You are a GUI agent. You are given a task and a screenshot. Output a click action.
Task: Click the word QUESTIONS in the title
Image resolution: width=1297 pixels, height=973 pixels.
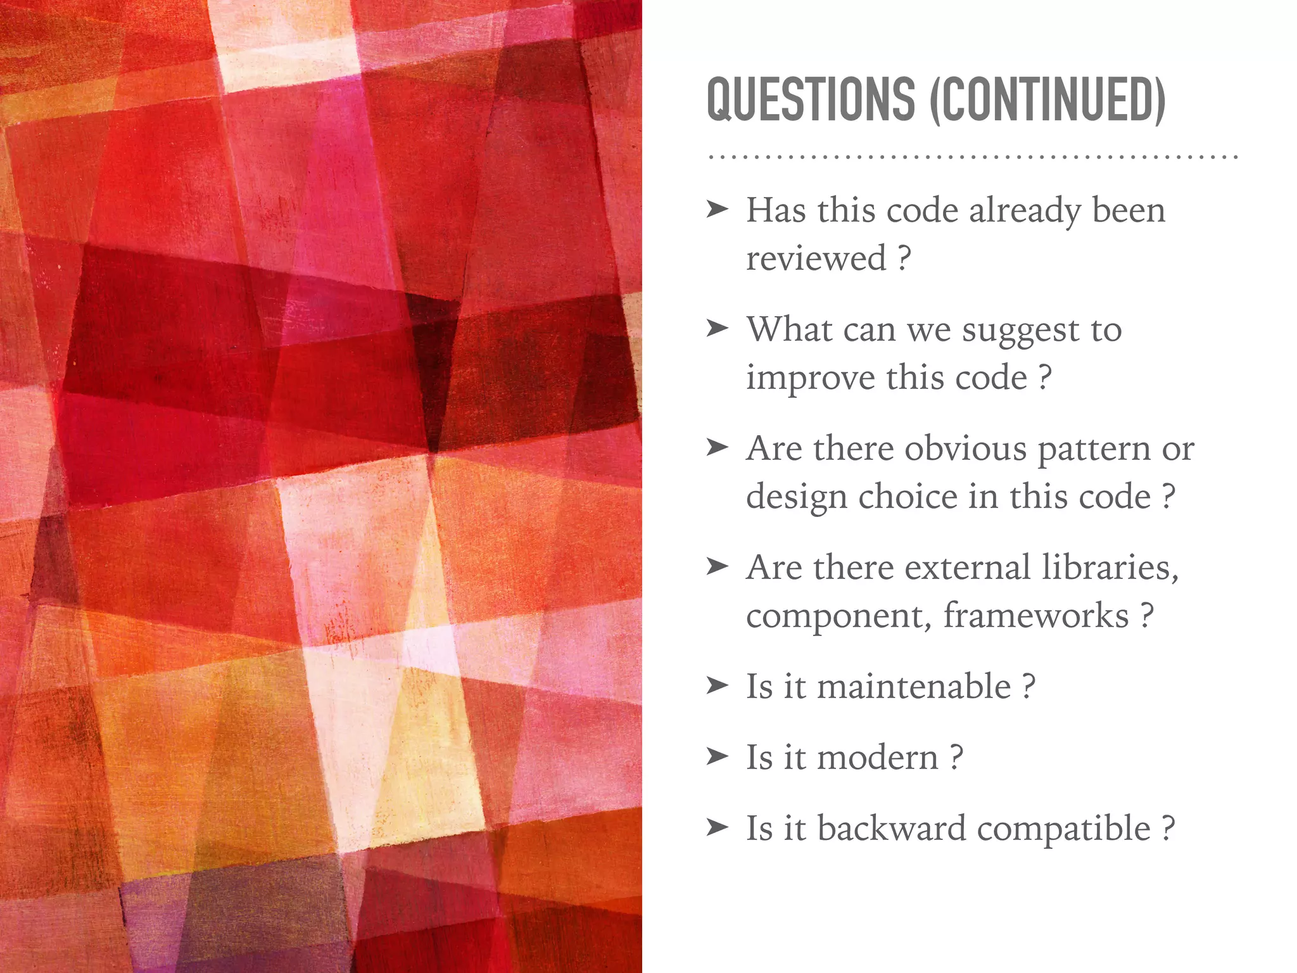point(811,100)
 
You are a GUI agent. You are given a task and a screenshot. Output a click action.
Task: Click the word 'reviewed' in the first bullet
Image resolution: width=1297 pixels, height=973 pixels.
point(816,258)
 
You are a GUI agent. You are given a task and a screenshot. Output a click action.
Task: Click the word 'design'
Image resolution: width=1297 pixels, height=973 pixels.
point(797,498)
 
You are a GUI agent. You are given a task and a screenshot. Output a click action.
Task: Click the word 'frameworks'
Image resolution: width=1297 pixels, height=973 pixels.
point(1036,616)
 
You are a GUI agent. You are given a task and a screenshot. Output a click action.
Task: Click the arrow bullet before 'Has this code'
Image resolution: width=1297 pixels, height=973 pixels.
point(718,209)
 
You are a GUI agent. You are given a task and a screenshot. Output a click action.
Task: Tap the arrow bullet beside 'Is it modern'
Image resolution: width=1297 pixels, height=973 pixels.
point(718,756)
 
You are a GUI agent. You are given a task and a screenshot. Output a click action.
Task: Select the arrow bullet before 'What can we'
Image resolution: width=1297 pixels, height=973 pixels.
point(718,328)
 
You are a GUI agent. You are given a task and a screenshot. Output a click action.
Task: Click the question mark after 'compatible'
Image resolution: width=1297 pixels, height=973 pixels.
point(1168,829)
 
